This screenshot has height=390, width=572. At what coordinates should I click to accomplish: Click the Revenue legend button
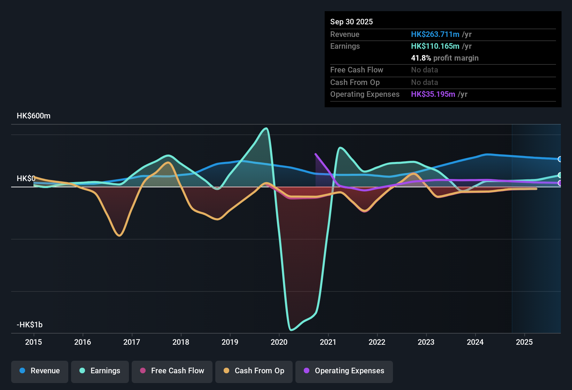pyautogui.click(x=40, y=371)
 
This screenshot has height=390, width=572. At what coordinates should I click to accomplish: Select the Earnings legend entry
pyautogui.click(x=100, y=371)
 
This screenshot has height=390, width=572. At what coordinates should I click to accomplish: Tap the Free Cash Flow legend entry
pyautogui.click(x=172, y=371)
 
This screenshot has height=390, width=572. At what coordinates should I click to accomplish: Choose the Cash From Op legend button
pyautogui.click(x=254, y=371)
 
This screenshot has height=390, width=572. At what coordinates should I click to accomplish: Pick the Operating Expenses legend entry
pyautogui.click(x=344, y=371)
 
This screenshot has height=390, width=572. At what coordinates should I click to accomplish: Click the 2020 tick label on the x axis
pyautogui.click(x=279, y=342)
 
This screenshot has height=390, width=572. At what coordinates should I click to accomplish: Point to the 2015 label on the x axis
pyautogui.click(x=33, y=342)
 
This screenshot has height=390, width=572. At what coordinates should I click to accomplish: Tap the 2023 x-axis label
pyautogui.click(x=426, y=342)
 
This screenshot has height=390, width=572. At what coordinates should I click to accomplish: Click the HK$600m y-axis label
pyautogui.click(x=33, y=116)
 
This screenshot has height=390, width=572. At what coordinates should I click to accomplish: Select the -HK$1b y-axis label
pyautogui.click(x=30, y=325)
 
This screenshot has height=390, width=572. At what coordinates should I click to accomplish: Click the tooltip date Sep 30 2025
pyautogui.click(x=351, y=22)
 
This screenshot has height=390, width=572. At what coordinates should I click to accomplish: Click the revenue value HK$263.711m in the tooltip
pyautogui.click(x=435, y=34)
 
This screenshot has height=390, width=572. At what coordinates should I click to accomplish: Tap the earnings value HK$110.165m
pyautogui.click(x=435, y=46)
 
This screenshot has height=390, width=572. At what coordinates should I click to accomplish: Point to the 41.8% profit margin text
pyautogui.click(x=445, y=58)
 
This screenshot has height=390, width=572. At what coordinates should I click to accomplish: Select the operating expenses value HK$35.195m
pyautogui.click(x=433, y=94)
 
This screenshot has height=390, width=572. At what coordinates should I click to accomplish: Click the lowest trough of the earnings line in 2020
pyautogui.click(x=291, y=329)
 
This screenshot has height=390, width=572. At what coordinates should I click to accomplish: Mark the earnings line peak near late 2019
pyautogui.click(x=266, y=128)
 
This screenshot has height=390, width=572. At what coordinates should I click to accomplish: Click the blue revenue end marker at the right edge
pyautogui.click(x=560, y=159)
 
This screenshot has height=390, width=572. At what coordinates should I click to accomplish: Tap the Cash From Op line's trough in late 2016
pyautogui.click(x=119, y=236)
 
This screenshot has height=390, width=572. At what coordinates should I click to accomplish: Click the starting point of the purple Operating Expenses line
pyautogui.click(x=316, y=154)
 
